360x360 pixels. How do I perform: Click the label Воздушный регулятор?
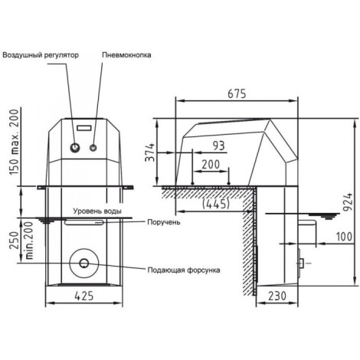[x=41, y=55]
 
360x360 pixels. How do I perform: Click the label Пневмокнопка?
[x=126, y=55]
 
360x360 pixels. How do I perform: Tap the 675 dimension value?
[x=237, y=93]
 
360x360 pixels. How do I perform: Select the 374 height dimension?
[x=150, y=152]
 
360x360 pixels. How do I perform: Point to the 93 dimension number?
[x=219, y=146]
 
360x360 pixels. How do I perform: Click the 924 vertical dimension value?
[x=348, y=202]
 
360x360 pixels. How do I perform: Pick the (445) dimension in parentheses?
[x=216, y=204]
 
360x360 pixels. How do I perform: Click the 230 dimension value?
[x=277, y=296]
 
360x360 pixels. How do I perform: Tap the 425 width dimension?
[x=84, y=296]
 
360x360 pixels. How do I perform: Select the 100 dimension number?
[x=344, y=237]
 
